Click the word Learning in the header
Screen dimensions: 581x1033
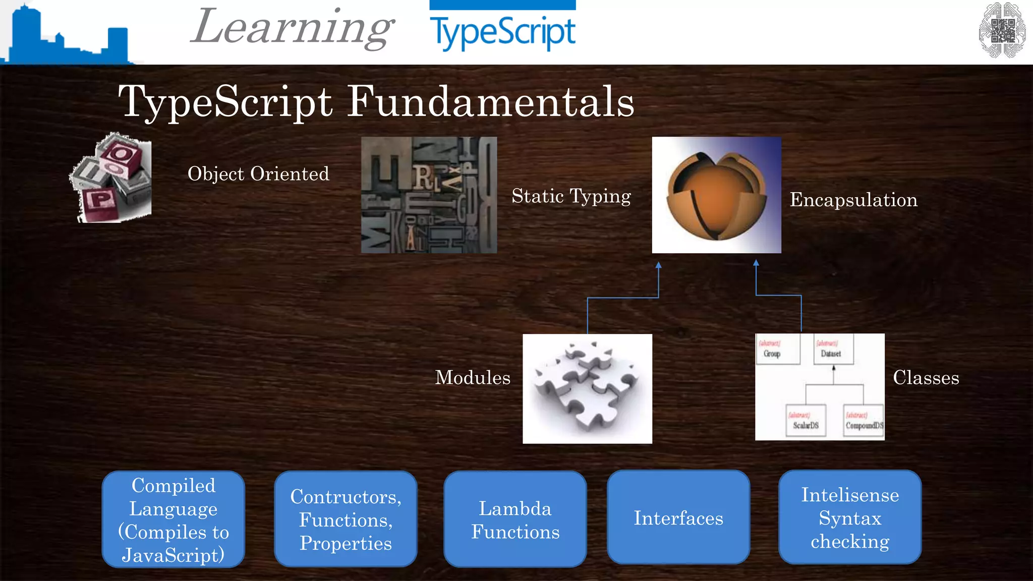click(x=293, y=28)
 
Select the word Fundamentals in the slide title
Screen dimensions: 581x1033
click(x=490, y=102)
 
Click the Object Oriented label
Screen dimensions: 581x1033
click(x=258, y=174)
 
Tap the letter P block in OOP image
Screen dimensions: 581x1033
click(x=100, y=201)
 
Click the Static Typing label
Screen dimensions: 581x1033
click(x=571, y=196)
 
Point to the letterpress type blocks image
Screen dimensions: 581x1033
click(x=429, y=195)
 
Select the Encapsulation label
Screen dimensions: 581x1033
click(x=853, y=200)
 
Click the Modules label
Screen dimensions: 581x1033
click(x=473, y=378)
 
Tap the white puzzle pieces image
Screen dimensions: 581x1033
click(x=587, y=388)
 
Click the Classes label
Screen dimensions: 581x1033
click(x=926, y=378)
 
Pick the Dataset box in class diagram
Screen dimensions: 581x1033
click(x=833, y=350)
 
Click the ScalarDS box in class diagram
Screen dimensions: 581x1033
click(x=806, y=421)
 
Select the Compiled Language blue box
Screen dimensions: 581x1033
click(x=174, y=519)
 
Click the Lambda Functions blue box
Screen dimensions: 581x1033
click(x=515, y=519)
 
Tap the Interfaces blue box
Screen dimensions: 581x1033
click(x=678, y=518)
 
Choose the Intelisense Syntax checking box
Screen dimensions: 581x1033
click(x=850, y=518)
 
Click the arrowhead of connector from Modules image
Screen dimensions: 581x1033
click(x=658, y=265)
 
